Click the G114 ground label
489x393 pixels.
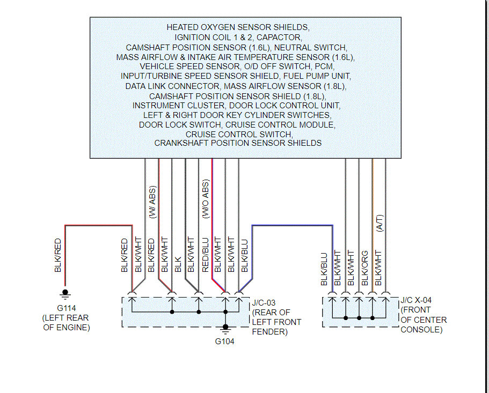[65, 308]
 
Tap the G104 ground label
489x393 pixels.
[225, 341]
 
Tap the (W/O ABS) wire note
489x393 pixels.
[206, 199]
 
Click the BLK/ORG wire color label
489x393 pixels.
[365, 268]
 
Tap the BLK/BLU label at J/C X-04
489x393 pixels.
[324, 268]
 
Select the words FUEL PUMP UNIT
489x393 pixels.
[317, 76]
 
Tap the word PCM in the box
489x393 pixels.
[325, 66]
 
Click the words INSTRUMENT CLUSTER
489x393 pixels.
[172, 106]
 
